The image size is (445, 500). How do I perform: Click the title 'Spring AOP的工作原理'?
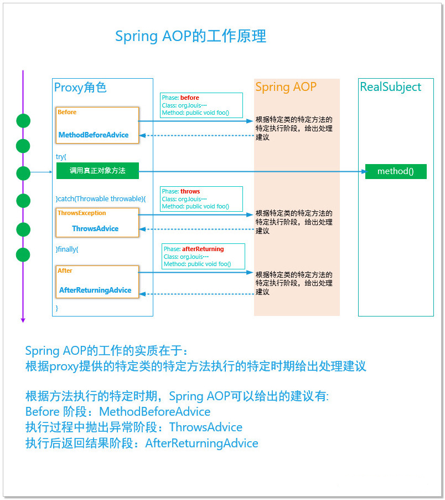(190, 37)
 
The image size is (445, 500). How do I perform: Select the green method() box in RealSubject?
(395, 171)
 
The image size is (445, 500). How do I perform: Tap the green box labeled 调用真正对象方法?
(97, 171)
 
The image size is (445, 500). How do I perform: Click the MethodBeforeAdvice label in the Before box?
(94, 135)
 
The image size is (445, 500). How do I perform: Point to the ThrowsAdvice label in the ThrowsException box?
(95, 228)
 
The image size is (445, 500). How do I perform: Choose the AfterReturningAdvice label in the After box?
(95, 290)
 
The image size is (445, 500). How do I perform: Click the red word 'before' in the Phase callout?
(190, 98)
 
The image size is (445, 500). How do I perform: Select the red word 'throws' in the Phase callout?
(190, 191)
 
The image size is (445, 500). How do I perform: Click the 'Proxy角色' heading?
(80, 88)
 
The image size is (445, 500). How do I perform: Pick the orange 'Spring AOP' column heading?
(286, 87)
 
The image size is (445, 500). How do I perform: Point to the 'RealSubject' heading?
(390, 87)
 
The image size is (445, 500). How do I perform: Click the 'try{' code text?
(61, 157)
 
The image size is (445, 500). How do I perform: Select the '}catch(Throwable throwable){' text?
(101, 198)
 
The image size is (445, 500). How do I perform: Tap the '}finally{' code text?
(67, 249)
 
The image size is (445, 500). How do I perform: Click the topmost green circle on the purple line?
(23, 120)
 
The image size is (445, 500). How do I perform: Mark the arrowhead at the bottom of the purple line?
(23, 319)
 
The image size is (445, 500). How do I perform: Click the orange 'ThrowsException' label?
(82, 213)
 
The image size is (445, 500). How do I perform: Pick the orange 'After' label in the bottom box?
(65, 271)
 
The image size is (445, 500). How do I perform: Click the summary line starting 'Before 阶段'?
(118, 412)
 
